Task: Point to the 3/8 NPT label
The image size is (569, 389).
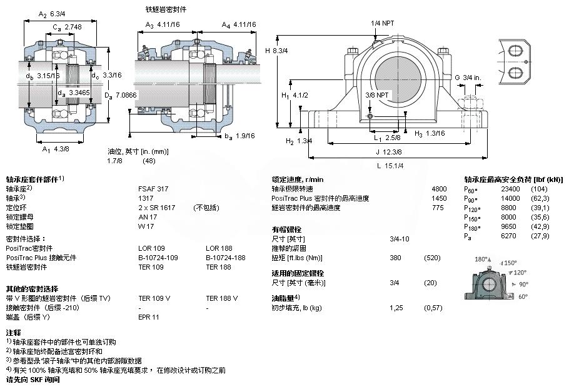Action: (376, 95)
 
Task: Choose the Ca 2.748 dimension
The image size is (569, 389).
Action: (66, 27)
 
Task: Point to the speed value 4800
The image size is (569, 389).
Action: (440, 188)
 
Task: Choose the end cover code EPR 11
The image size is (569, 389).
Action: (149, 317)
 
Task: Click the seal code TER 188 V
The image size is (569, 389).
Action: (222, 298)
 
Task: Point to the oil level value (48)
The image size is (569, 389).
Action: (149, 160)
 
